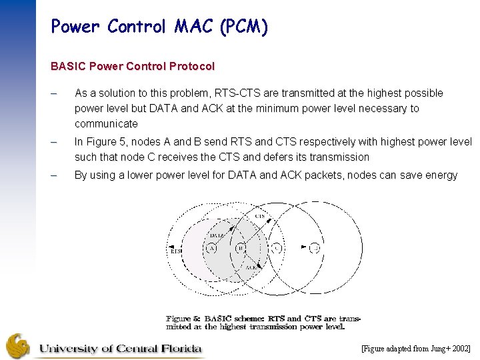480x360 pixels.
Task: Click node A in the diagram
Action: click(x=211, y=249)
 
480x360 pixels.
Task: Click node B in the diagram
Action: click(x=241, y=249)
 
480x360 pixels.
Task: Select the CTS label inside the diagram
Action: click(x=260, y=216)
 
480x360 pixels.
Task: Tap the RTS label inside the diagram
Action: click(x=175, y=251)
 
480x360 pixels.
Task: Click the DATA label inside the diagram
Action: click(x=217, y=235)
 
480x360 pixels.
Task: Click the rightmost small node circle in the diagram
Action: click(x=315, y=248)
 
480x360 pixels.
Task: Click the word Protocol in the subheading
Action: click(x=192, y=67)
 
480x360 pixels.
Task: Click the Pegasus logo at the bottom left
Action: click(x=18, y=346)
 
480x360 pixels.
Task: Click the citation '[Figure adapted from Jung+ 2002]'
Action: click(x=416, y=349)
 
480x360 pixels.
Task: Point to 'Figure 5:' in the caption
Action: click(x=183, y=319)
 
